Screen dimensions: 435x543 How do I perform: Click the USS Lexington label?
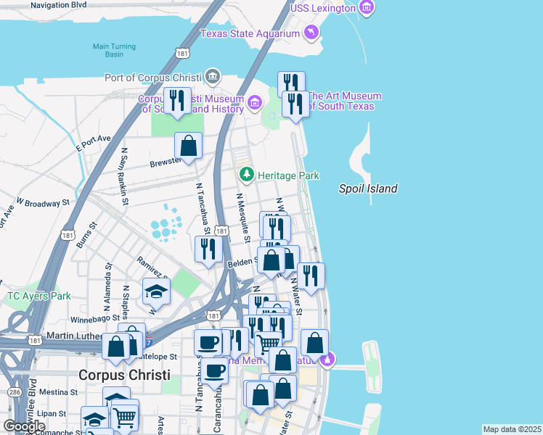(324, 8)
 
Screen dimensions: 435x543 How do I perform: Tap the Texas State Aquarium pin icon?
(311, 33)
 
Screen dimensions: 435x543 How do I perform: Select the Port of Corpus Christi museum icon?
(213, 75)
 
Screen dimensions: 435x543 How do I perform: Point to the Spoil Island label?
(368, 188)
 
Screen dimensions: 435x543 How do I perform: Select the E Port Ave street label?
(93, 142)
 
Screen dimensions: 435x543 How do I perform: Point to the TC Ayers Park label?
(39, 296)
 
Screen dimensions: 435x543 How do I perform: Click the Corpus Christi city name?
(124, 375)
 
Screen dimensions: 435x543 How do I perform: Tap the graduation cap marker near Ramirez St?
(155, 291)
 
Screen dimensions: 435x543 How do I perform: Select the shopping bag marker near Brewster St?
(189, 146)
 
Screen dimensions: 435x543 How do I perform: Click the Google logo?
(24, 426)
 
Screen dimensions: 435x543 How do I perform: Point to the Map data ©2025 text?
(512, 429)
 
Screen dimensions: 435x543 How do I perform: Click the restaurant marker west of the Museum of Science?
(176, 101)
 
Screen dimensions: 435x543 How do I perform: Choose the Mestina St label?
(59, 392)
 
